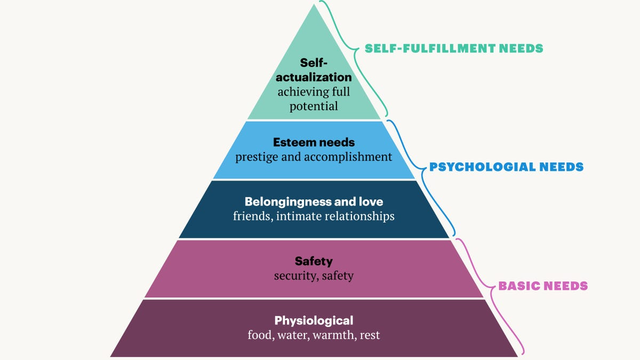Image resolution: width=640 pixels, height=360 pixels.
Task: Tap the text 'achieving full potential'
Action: pyautogui.click(x=314, y=99)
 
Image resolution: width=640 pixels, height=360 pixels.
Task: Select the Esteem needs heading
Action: pyautogui.click(x=314, y=142)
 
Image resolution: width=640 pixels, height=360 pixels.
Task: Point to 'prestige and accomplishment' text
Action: pyautogui.click(x=314, y=157)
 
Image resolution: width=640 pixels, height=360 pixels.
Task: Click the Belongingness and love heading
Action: pyautogui.click(x=314, y=202)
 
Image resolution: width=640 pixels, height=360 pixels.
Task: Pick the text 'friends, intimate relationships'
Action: pyautogui.click(x=314, y=216)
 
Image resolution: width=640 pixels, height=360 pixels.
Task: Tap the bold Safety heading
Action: pyautogui.click(x=314, y=261)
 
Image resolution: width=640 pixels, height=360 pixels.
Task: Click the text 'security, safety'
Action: pyautogui.click(x=314, y=276)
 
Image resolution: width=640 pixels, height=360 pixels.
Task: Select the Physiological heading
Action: pyautogui.click(x=314, y=321)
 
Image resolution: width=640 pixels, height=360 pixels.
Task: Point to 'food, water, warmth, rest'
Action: pyautogui.click(x=314, y=335)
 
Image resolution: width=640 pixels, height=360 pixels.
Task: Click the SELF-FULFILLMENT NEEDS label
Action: pyautogui.click(x=454, y=49)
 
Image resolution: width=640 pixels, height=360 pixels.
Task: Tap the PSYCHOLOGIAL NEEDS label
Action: pyautogui.click(x=506, y=167)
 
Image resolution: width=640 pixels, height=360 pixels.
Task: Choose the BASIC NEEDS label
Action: pyautogui.click(x=543, y=286)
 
